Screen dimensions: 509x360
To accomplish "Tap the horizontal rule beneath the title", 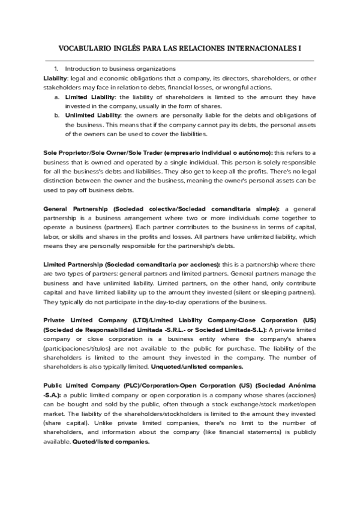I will [180, 61].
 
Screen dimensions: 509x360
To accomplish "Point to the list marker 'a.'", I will [56, 96].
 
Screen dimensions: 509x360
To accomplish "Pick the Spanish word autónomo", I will [256, 152].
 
